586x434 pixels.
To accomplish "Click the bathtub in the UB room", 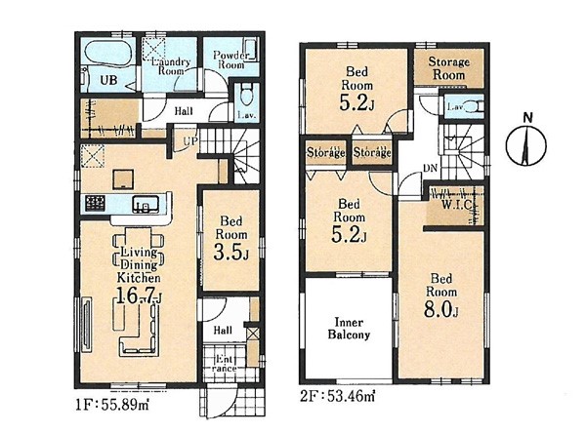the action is [x=108, y=54].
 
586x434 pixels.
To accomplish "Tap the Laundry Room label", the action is [x=172, y=66].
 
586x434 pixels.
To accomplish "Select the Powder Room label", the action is [x=230, y=59].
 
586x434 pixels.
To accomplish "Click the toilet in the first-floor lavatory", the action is [x=246, y=95].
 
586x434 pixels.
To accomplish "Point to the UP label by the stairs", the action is [x=190, y=141].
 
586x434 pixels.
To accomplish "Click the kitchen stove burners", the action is [x=95, y=203].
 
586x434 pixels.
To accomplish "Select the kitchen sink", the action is [x=146, y=204].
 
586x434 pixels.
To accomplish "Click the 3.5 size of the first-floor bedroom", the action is [x=230, y=253].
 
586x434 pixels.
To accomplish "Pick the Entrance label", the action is [x=225, y=364].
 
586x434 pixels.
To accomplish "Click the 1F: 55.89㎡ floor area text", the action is [x=112, y=404].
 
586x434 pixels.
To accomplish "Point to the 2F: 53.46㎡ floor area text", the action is [x=338, y=395].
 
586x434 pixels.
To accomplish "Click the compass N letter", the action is [x=527, y=118].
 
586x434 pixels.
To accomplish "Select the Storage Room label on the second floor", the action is [x=449, y=68].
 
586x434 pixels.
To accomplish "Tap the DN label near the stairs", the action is [x=430, y=168].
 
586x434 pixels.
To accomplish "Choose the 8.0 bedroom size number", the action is [x=441, y=310].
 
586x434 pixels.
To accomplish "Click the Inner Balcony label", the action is [x=349, y=329].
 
